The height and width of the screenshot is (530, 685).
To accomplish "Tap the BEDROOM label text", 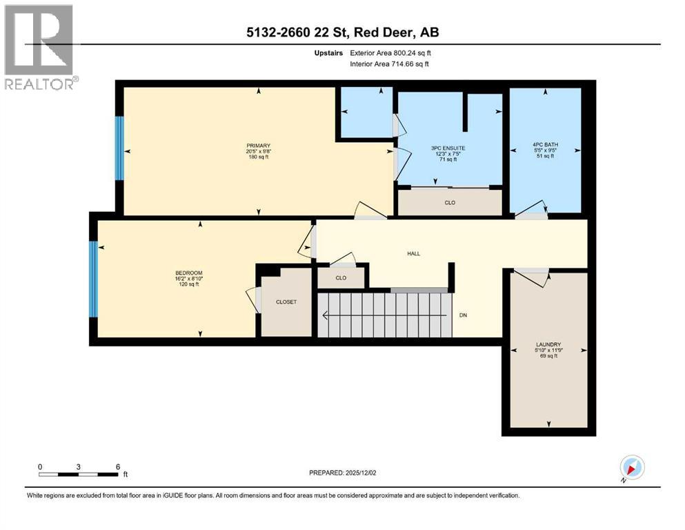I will point(188,273).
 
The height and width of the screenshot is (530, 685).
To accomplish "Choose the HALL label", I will point(413,253).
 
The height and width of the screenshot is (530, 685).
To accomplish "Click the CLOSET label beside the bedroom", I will point(286,302).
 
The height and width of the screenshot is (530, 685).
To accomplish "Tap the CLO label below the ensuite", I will point(450,203).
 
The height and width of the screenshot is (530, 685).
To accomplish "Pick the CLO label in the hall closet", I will point(340,278).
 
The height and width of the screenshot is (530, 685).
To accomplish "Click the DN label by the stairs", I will point(464,316).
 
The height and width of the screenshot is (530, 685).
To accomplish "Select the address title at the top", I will point(343,32).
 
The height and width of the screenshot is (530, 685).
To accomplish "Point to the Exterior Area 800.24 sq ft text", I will point(389,52).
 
